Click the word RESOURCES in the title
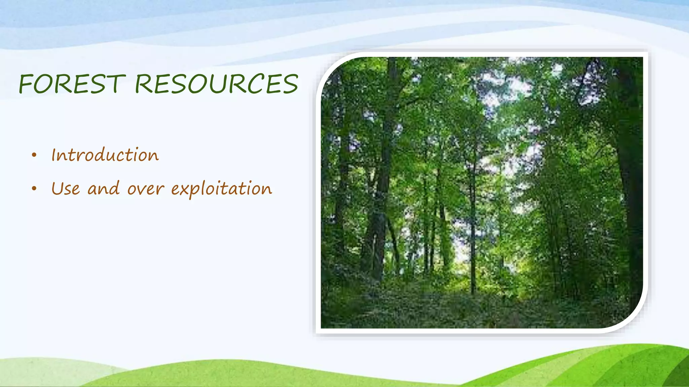tap(216, 84)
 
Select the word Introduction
tap(105, 155)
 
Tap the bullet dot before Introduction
tap(34, 155)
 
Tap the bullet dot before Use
tap(34, 189)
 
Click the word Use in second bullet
tap(66, 188)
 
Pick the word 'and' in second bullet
tap(103, 188)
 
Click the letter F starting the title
tap(25, 84)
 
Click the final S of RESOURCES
tap(290, 84)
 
